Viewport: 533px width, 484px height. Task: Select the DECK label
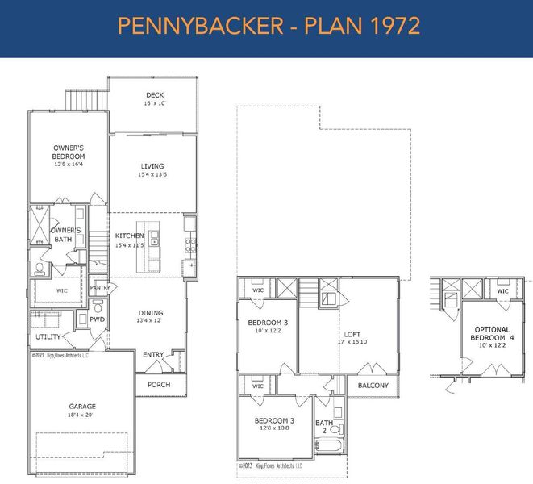tap(155, 95)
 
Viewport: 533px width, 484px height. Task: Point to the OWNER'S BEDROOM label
tap(69, 152)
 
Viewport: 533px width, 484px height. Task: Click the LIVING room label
tap(153, 166)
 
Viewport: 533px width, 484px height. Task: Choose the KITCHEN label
tap(129, 236)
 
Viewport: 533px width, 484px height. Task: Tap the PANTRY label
tap(100, 287)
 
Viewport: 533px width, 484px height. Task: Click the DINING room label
tap(150, 313)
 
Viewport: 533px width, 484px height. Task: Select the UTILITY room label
tap(48, 336)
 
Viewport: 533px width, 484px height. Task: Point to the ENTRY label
tap(153, 355)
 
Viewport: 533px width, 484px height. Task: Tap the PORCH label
tap(159, 385)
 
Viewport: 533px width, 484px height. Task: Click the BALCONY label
tap(373, 386)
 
